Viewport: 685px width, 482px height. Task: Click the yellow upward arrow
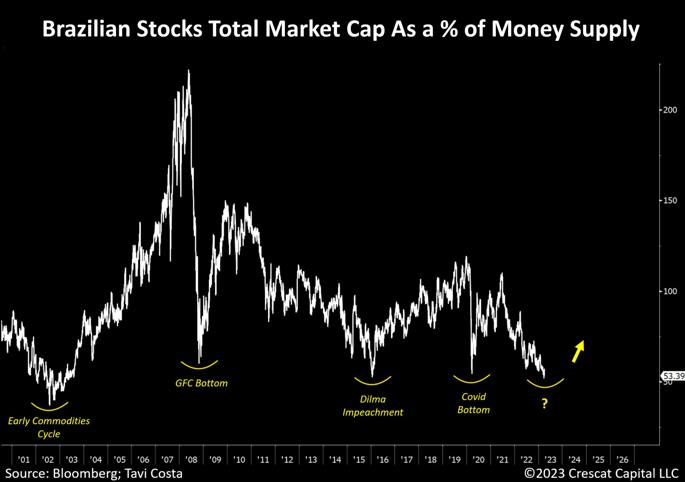coord(578,351)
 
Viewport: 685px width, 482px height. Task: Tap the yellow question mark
coord(545,404)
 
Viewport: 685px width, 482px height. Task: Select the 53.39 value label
coord(674,376)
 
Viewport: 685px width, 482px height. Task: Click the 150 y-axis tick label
coord(670,201)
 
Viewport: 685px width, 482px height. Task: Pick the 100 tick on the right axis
coord(670,292)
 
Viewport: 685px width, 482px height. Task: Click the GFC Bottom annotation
coord(201,383)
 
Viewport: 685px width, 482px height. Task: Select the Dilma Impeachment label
coord(373,406)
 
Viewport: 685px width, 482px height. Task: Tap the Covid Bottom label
coord(473,403)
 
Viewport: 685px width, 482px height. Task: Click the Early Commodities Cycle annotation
coord(49,427)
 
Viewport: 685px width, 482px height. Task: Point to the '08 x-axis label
coord(191,460)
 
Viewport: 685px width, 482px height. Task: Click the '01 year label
coord(24,460)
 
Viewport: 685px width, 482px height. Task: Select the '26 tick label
coord(622,460)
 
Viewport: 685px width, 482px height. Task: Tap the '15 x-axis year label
coord(359,460)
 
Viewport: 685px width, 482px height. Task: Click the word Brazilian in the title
coord(85,29)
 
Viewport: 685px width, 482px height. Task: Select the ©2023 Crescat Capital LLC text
coord(601,474)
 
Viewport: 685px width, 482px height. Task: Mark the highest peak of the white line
coord(189,70)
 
